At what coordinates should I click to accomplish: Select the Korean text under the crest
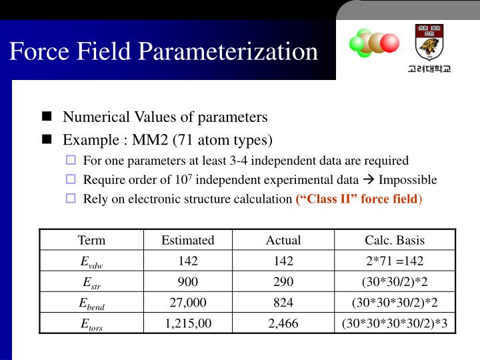(x=429, y=69)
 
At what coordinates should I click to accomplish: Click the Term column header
(x=91, y=240)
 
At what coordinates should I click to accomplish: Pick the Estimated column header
(x=188, y=240)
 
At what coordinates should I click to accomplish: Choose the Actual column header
(x=283, y=240)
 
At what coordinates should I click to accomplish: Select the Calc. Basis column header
(x=395, y=240)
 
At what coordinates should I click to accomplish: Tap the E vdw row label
(x=91, y=261)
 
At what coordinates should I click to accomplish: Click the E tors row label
(x=91, y=324)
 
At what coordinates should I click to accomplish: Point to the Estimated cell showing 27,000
(x=188, y=303)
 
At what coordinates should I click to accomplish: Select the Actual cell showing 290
(x=283, y=281)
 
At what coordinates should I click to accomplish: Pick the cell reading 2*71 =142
(x=395, y=261)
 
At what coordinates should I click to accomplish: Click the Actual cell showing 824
(x=283, y=303)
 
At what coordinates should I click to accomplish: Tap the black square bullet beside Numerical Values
(x=47, y=117)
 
